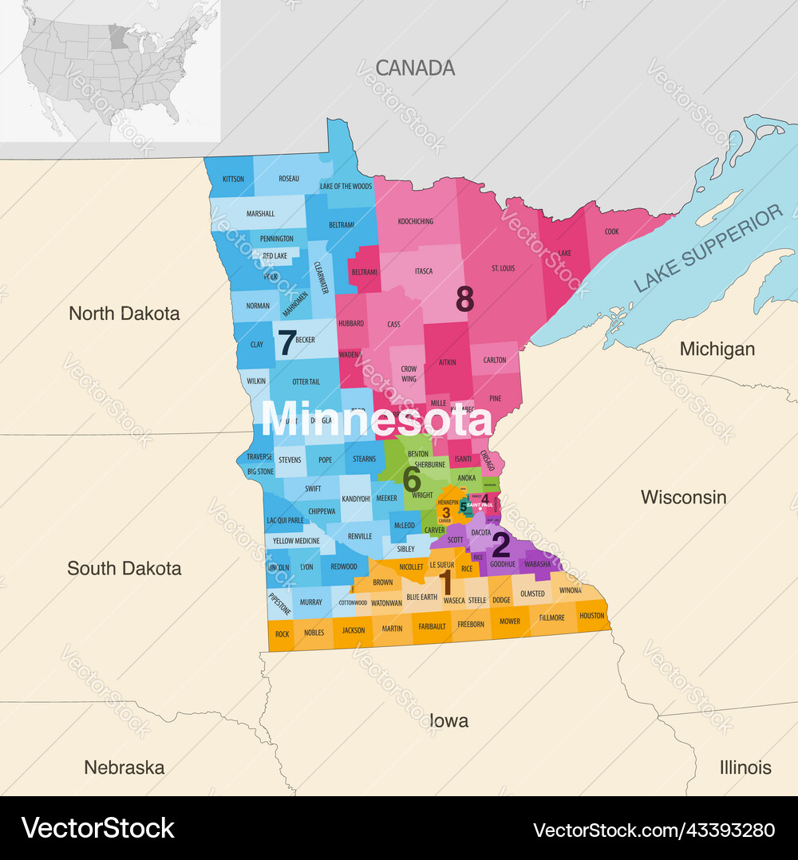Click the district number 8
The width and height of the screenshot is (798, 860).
click(464, 299)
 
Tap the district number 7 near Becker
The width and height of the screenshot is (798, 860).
click(286, 342)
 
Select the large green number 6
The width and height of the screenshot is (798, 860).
click(412, 479)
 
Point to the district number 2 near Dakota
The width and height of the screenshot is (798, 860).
click(500, 545)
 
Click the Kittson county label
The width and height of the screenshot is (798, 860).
click(233, 179)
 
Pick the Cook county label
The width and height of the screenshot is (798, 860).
click(611, 231)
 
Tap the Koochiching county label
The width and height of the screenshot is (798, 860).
click(415, 221)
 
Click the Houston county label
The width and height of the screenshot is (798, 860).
click(591, 616)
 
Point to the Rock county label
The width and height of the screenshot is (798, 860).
click(282, 634)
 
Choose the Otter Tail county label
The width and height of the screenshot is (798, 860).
click(306, 382)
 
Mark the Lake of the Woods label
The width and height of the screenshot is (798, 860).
click(346, 187)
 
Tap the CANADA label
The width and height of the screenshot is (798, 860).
click(415, 68)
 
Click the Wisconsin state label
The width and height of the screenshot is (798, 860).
click(683, 497)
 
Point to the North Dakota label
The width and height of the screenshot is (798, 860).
click(124, 314)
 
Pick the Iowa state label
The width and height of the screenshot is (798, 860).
click(448, 721)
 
